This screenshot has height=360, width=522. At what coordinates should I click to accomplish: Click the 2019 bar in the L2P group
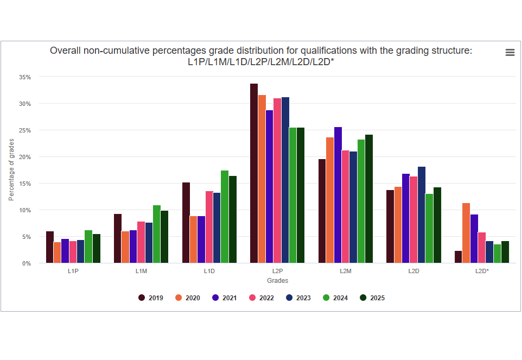pos(254,174)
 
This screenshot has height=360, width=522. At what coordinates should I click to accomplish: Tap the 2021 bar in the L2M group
pos(338,195)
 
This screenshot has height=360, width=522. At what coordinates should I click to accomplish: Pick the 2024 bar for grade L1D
pos(225,217)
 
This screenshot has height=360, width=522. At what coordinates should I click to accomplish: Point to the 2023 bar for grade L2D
pos(422,215)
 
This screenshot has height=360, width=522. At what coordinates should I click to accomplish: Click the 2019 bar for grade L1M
pos(118,239)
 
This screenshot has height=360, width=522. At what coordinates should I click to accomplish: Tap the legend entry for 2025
pos(373,298)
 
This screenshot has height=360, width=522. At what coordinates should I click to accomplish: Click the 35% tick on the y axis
pos(25,77)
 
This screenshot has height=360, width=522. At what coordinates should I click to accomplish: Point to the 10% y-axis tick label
pos(25,210)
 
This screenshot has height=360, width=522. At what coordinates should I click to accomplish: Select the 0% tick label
pos(27,263)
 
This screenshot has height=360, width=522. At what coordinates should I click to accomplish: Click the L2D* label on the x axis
pos(481,270)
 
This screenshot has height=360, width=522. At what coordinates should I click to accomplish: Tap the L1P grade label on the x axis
pos(73,270)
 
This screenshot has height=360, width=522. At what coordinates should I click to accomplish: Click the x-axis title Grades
pos(277,281)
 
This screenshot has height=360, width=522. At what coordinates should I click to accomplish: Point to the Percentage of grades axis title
pos(11,170)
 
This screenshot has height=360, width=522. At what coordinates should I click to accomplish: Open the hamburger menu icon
pos(510,52)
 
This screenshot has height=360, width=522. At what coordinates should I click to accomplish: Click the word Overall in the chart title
pos(65,50)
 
